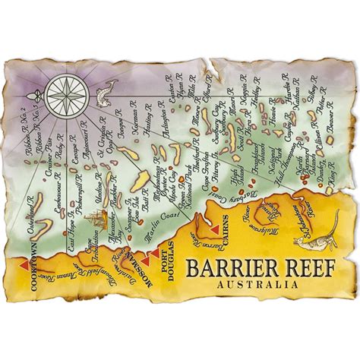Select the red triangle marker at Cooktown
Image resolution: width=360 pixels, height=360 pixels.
click(x=24, y=263)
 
